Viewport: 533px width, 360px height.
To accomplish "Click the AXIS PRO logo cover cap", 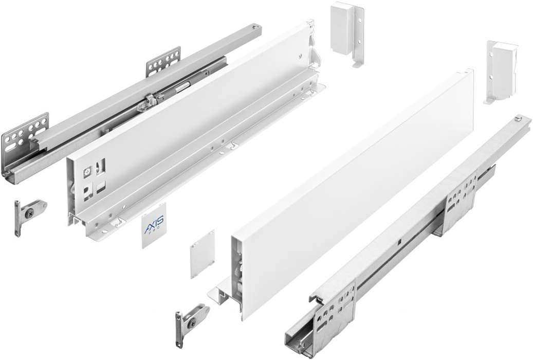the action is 153,226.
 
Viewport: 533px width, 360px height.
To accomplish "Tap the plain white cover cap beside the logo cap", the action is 203,253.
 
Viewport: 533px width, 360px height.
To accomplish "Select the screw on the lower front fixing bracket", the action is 192,321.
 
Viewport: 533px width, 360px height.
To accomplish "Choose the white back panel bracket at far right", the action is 501,71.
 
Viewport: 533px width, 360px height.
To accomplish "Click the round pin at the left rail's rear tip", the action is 254,26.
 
